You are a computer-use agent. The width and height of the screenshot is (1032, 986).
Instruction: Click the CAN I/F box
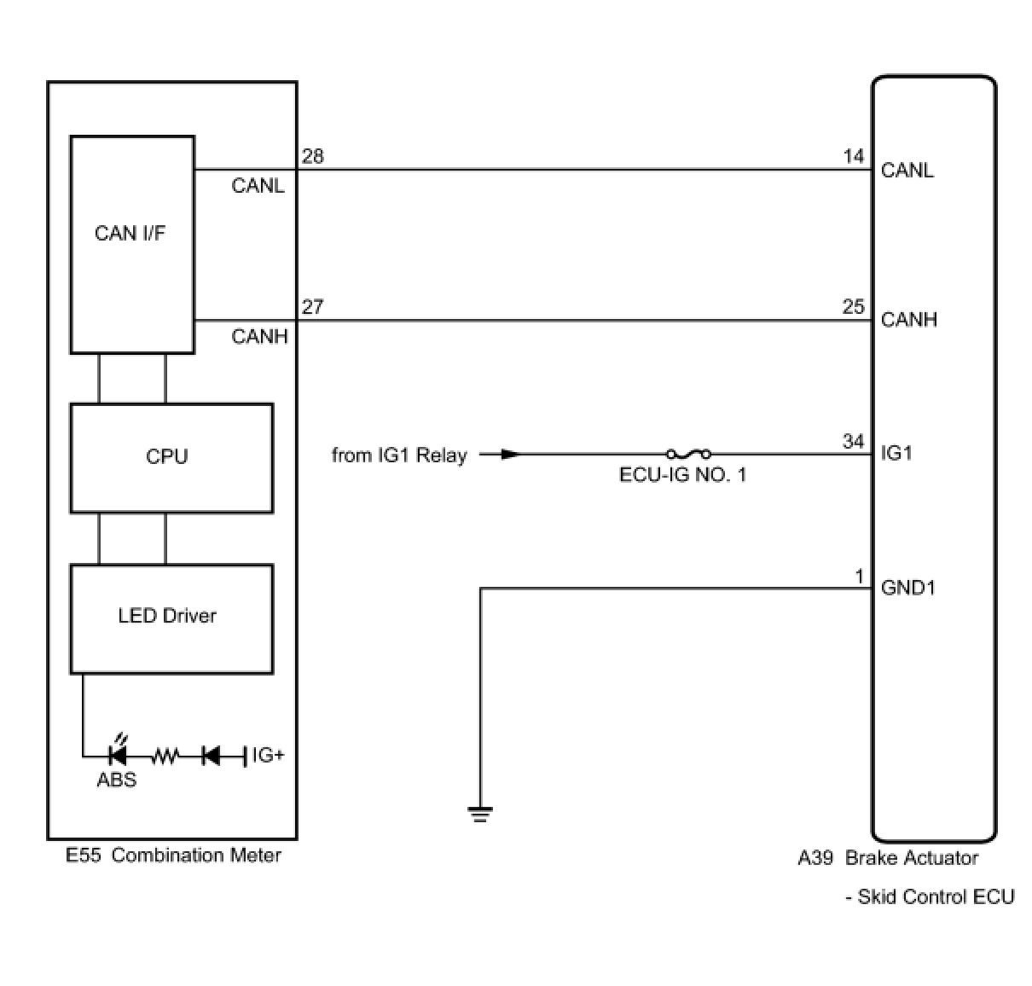coord(132,244)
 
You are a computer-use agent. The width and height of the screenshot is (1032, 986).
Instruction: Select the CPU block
coord(171,457)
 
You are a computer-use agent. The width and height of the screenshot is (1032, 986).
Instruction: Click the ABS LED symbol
coord(118,754)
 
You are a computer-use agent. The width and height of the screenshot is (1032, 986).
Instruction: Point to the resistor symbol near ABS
coord(165,755)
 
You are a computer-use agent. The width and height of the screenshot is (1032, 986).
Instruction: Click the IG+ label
coord(268,755)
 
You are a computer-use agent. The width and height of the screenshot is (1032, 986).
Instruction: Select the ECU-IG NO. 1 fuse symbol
coord(687,454)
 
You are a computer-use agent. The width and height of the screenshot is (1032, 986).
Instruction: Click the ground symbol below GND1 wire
coord(480,813)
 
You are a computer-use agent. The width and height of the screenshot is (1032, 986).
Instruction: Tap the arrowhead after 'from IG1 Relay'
coord(510,454)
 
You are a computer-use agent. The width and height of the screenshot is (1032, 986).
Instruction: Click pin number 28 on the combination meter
coord(313,157)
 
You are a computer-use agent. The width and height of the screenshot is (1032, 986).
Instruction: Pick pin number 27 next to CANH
coord(313,307)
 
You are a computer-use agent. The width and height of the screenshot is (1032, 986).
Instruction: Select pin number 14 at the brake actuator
coord(853,157)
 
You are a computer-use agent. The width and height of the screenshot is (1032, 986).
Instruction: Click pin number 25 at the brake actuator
coord(853,307)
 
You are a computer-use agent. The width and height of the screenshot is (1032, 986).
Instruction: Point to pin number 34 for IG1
coord(853,441)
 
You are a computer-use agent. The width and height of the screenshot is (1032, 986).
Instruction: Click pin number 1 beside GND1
coord(860,577)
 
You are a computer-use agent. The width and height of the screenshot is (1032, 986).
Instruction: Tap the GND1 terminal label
coord(907,588)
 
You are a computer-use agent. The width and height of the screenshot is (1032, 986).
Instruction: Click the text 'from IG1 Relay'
coord(399,455)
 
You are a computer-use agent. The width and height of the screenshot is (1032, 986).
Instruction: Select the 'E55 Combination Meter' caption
coord(173,855)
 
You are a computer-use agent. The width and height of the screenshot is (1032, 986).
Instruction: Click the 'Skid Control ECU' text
coord(935,896)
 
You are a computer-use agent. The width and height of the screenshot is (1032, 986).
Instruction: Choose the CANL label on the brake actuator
coord(907,171)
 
